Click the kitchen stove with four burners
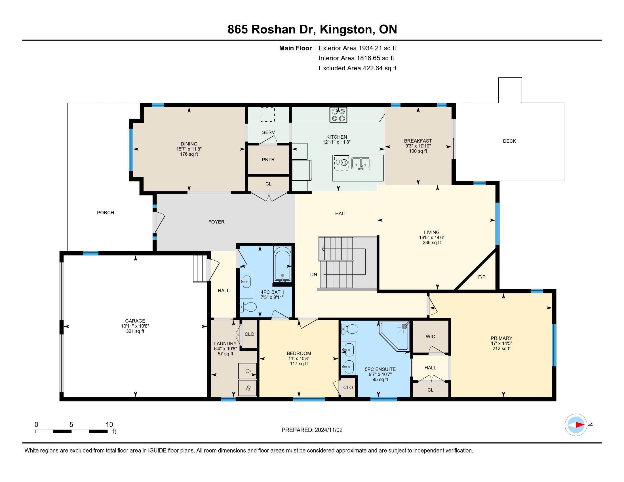pyautogui.click(x=338, y=115)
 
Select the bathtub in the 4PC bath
pyautogui.click(x=282, y=264)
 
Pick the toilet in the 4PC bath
pyautogui.click(x=248, y=307)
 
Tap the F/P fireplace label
pyautogui.click(x=482, y=277)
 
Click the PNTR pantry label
pyautogui.click(x=268, y=160)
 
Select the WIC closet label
pyautogui.click(x=430, y=337)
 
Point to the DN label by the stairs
pyautogui.click(x=314, y=274)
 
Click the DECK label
pyautogui.click(x=509, y=141)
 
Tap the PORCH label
pyautogui.click(x=106, y=213)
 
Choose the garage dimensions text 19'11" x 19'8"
pyautogui.click(x=135, y=326)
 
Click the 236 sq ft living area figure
pyautogui.click(x=432, y=243)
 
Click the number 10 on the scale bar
pyautogui.click(x=109, y=425)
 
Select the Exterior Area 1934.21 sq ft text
pyautogui.click(x=357, y=48)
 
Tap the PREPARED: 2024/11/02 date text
pyautogui.click(x=312, y=430)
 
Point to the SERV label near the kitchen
pyautogui.click(x=268, y=132)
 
